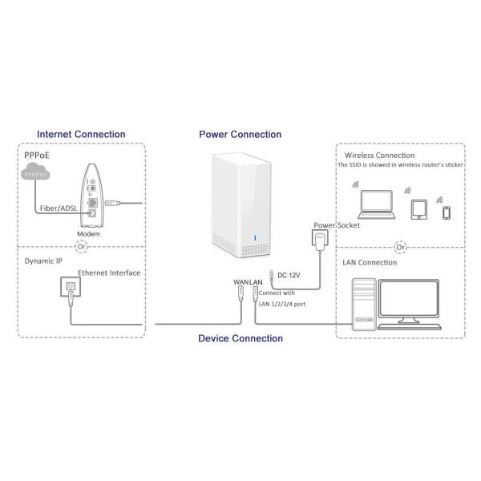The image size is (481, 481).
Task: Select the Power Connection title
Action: (x=240, y=135)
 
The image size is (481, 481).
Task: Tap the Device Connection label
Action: (x=240, y=338)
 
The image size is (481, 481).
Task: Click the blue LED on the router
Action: (x=253, y=236)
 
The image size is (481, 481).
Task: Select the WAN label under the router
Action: (x=240, y=282)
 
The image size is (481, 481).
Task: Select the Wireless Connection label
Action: (x=380, y=156)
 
